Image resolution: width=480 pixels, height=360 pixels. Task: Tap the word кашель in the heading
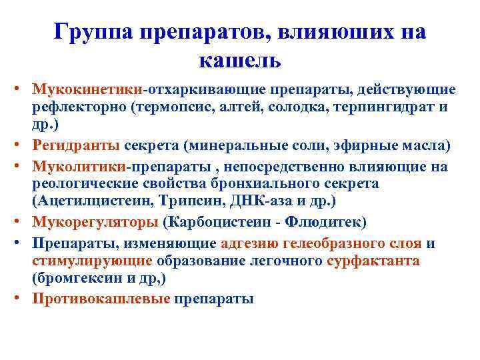click(240, 61)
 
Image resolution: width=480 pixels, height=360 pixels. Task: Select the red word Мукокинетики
click(94, 89)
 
